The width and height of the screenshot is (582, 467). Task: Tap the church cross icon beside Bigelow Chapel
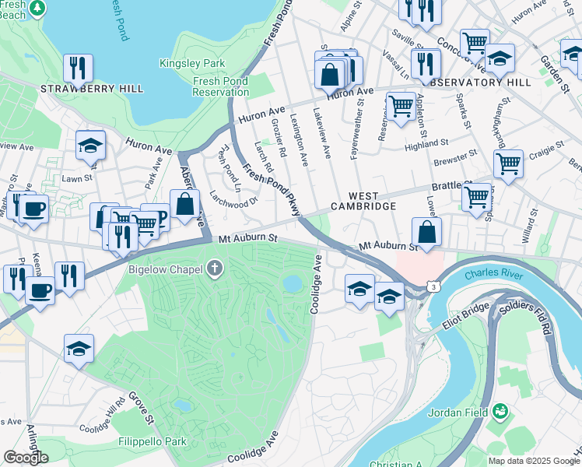pyautogui.click(x=214, y=269)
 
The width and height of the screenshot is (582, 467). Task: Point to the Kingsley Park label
pyautogui.click(x=191, y=63)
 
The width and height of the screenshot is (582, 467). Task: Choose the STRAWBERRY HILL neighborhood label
pyautogui.click(x=93, y=89)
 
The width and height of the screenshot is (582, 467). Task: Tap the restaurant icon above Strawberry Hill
pyautogui.click(x=78, y=68)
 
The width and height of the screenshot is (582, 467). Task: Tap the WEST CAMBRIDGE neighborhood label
pyautogui.click(x=363, y=201)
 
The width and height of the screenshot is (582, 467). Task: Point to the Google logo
pyautogui.click(x=26, y=458)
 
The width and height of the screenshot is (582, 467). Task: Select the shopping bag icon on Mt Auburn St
pyautogui.click(x=427, y=232)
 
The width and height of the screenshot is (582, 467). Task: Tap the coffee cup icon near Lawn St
pyautogui.click(x=34, y=209)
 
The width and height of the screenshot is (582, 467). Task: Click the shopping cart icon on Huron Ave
pyautogui.click(x=401, y=105)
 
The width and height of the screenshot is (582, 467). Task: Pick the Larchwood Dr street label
pyautogui.click(x=233, y=200)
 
